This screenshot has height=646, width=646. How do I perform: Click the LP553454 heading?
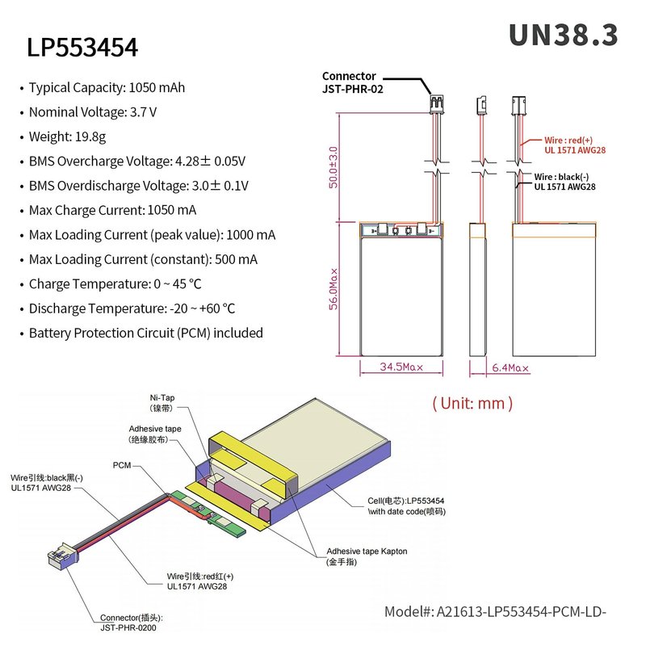(82, 48)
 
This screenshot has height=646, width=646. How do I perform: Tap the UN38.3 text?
(563, 35)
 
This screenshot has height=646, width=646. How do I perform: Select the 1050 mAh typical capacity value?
(157, 88)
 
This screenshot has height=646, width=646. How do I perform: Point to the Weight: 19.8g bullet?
(67, 136)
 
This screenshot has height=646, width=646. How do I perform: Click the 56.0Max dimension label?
(333, 289)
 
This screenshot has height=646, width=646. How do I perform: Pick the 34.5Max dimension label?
(401, 367)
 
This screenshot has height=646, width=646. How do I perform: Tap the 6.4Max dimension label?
(510, 368)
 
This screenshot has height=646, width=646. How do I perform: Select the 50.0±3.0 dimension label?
(333, 167)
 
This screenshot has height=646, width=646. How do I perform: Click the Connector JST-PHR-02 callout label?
(353, 82)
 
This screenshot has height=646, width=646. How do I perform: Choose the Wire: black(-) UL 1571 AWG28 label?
(564, 182)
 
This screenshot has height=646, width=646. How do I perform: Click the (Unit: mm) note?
(472, 403)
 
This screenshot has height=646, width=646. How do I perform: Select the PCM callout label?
(122, 465)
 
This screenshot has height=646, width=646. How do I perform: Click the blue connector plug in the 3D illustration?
(64, 556)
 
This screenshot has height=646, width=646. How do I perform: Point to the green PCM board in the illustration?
(208, 514)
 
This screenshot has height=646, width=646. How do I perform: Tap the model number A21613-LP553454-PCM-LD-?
(495, 612)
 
